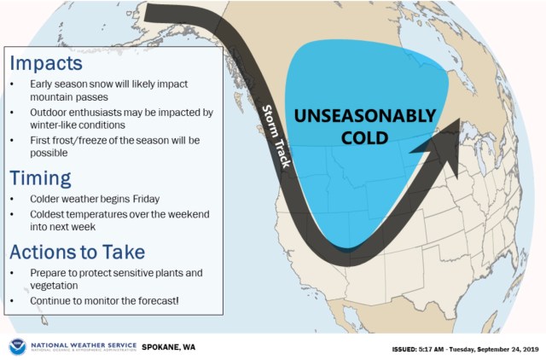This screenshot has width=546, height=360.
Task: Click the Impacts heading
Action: pyautogui.click(x=46, y=64)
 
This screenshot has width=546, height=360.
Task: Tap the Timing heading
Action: pyautogui.click(x=40, y=179)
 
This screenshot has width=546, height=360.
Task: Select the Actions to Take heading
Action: pyautogui.click(x=78, y=252)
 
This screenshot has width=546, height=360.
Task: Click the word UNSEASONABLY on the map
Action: pyautogui.click(x=365, y=116)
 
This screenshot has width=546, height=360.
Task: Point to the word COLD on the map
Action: pyautogui.click(x=364, y=138)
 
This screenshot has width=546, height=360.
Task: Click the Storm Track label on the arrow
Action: pyautogui.click(x=276, y=136)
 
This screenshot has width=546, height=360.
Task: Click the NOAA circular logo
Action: pyautogui.click(x=17, y=346)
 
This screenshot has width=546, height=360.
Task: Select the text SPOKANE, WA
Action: pyautogui.click(x=169, y=347)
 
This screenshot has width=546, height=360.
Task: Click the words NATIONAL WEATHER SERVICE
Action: pyautogui.click(x=84, y=345)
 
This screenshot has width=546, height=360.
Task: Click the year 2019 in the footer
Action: pyautogui.click(x=531, y=349)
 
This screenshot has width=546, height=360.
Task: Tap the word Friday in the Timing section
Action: pyautogui.click(x=146, y=199)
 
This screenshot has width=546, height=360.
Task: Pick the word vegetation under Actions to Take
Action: pyautogui.click(x=54, y=286)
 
